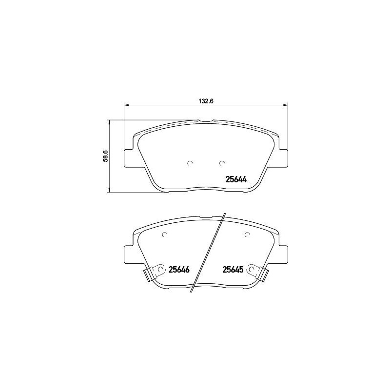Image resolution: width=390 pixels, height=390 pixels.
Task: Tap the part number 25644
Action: (236, 179)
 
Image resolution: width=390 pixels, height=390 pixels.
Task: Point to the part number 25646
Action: (178, 269)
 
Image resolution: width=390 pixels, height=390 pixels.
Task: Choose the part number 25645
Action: (234, 269)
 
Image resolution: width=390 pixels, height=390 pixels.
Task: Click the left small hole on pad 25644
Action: (191, 163)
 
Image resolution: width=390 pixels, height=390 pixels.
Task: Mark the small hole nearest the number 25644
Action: (222, 163)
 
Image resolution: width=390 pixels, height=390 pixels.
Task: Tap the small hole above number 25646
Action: (165, 234)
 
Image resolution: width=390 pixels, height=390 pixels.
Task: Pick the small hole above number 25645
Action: (247, 234)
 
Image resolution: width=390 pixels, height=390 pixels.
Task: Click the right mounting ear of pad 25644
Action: (283, 157)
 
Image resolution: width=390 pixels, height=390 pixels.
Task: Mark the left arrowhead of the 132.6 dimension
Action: (127, 105)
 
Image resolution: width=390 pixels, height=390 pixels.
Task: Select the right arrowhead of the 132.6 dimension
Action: (286, 105)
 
